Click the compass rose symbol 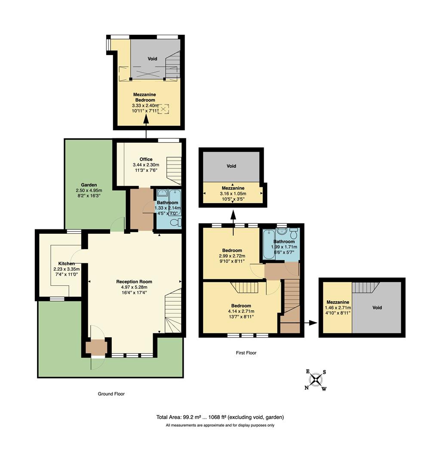tap(316, 380)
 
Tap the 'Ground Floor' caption tap(111, 394)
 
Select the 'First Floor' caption tap(246, 353)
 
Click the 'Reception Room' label tap(134, 282)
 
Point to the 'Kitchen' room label tap(67, 263)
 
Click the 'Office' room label tap(146, 159)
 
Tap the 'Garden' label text tap(89, 185)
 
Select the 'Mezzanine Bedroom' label tap(144, 97)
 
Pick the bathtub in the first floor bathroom tap(267, 243)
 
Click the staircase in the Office tap(174, 170)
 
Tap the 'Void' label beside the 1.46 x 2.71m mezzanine tap(377, 308)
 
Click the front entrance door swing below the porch tap(97, 363)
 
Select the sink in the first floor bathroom tap(282, 231)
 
